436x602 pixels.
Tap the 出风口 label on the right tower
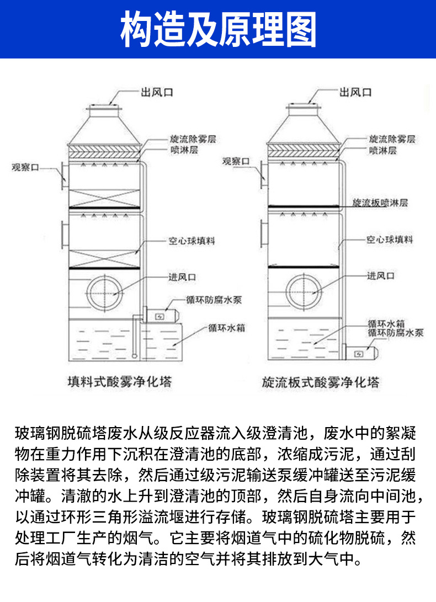(x=355, y=92)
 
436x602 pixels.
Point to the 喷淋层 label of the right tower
(x=382, y=150)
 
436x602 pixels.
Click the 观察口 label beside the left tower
(x=25, y=166)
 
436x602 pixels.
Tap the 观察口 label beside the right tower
(x=236, y=161)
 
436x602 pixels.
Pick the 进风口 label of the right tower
(x=381, y=275)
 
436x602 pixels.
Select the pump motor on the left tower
(x=163, y=315)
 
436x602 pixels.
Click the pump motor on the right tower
(x=362, y=352)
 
